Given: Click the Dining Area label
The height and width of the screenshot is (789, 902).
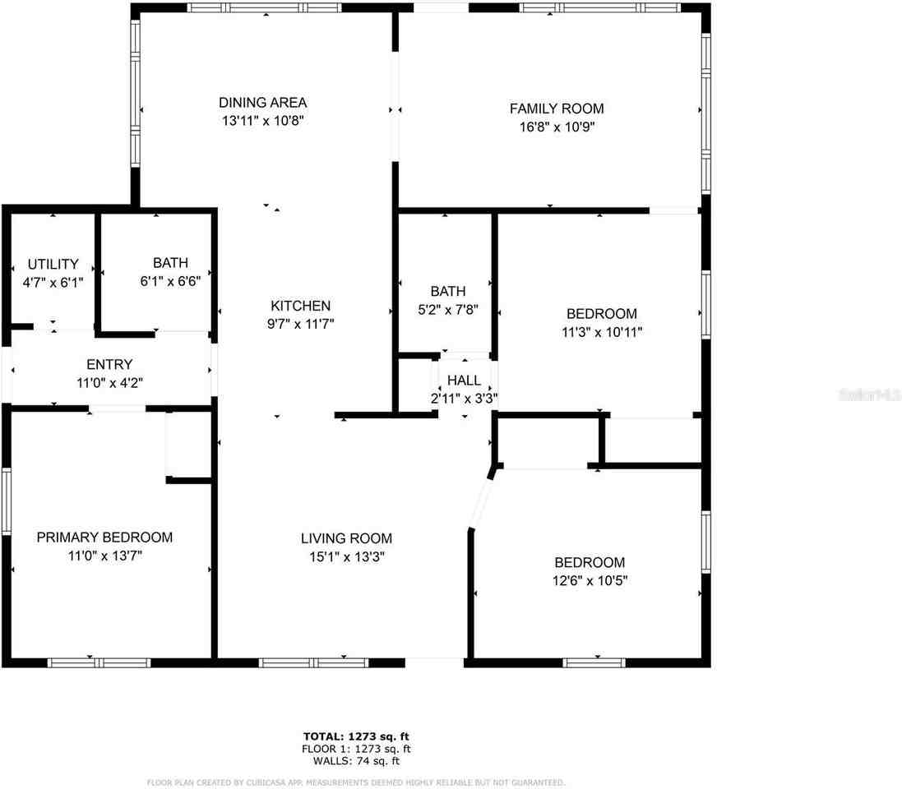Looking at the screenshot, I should (x=262, y=103).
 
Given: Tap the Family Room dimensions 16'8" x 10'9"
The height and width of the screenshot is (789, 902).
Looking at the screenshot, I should (x=556, y=127).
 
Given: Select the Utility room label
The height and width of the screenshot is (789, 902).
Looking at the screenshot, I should (x=53, y=264).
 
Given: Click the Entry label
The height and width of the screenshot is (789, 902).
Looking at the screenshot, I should (x=109, y=364).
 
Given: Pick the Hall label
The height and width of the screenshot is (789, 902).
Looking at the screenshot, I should (x=464, y=381).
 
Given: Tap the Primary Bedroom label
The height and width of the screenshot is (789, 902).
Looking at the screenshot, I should (x=104, y=538).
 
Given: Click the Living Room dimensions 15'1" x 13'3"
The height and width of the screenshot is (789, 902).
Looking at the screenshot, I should (x=345, y=556).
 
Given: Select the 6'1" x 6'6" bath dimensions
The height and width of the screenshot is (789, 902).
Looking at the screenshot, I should (x=170, y=280).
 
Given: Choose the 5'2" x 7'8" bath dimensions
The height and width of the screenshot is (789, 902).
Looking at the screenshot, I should (x=448, y=310).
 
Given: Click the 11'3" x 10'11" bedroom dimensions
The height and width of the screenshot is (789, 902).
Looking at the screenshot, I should (x=601, y=332).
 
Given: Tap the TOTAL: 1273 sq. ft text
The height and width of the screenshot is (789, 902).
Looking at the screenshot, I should (x=357, y=736).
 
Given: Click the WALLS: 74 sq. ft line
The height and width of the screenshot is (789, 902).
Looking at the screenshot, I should (x=357, y=761).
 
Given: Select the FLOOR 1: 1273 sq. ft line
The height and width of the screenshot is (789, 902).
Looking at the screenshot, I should (x=357, y=749).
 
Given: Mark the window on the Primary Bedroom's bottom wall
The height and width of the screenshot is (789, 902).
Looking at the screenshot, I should (x=99, y=662).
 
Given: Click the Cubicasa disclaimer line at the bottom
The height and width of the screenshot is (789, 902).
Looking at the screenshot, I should (x=356, y=782).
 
